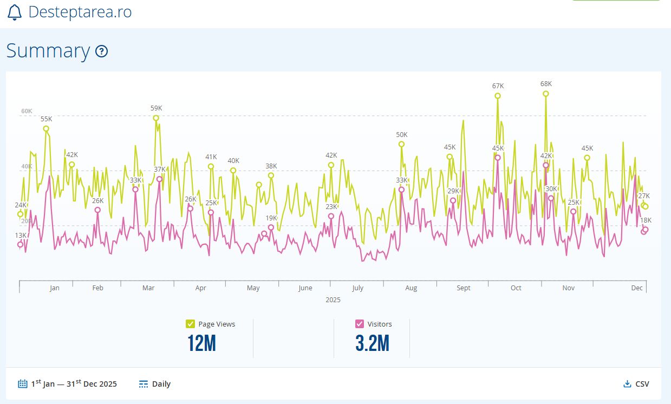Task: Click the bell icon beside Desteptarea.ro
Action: (x=15, y=12)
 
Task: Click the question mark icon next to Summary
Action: (x=101, y=51)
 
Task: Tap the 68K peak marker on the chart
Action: (x=545, y=94)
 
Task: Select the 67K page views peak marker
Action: (x=498, y=96)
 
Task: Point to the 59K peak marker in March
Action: (x=156, y=118)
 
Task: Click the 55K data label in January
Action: (x=46, y=119)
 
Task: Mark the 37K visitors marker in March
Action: (x=159, y=179)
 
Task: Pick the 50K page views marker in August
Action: (x=401, y=144)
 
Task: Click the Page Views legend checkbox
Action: (x=190, y=324)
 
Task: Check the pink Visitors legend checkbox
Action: (x=359, y=324)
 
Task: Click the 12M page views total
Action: (x=201, y=343)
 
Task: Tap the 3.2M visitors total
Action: (x=372, y=343)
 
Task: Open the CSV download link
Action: (x=636, y=384)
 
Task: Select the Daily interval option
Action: (x=155, y=384)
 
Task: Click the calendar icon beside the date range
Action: (x=22, y=384)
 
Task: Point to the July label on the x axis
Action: (x=357, y=288)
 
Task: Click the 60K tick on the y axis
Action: (x=27, y=111)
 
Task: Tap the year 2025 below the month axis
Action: (x=333, y=299)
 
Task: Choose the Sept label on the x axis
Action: (x=464, y=288)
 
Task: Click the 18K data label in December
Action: (x=646, y=220)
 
